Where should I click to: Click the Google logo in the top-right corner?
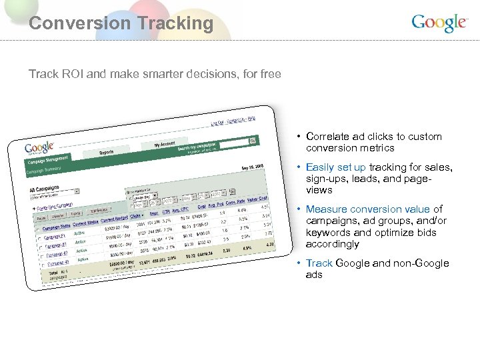click(439, 23)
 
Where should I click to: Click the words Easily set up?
click(336, 167)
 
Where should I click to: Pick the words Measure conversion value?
click(368, 209)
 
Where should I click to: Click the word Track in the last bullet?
click(319, 263)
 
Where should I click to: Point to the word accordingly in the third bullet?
click(333, 244)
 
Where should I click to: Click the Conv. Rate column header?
click(235, 202)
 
